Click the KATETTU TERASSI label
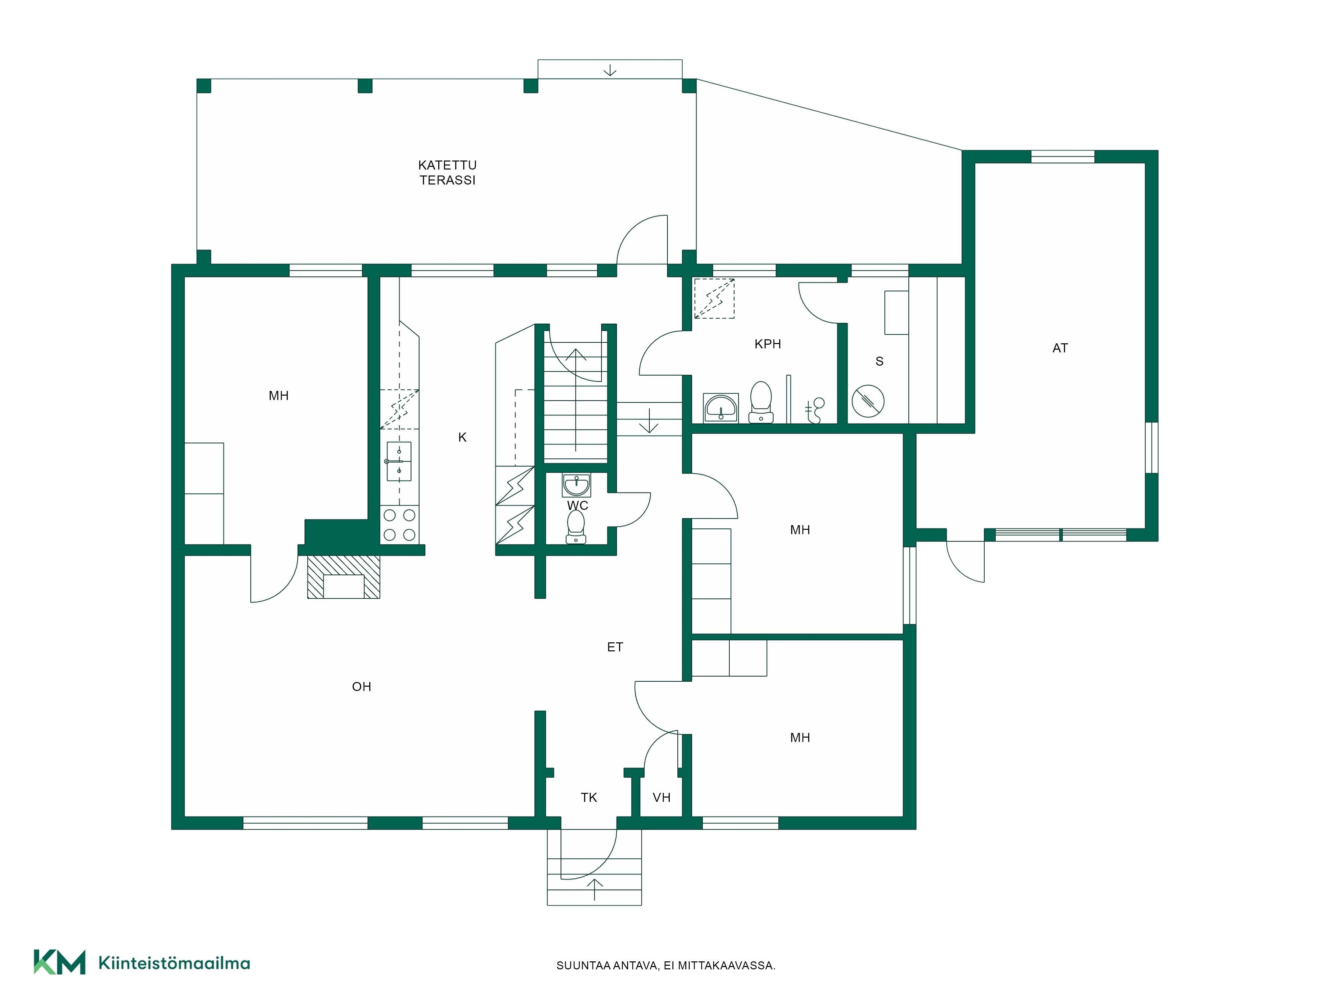(x=448, y=172)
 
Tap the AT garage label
(x=1060, y=348)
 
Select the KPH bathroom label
(x=768, y=344)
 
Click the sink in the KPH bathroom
(x=721, y=408)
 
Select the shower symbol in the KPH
(x=814, y=410)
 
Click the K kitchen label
(x=463, y=437)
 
